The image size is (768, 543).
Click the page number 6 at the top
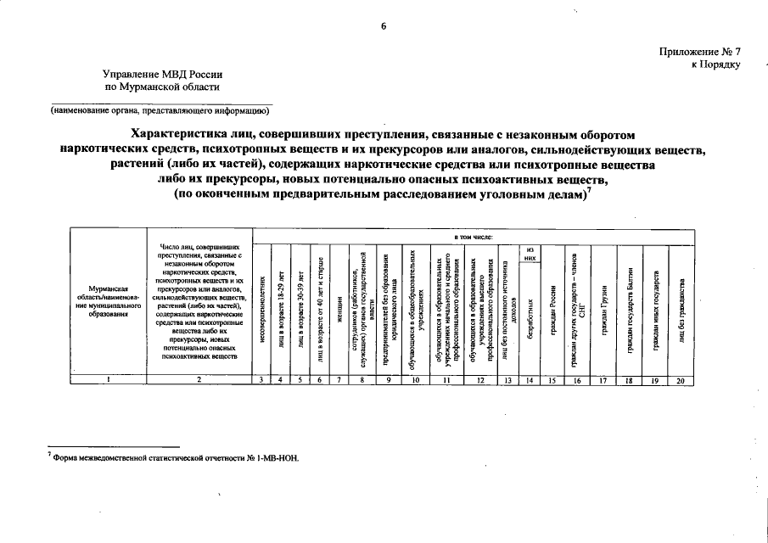point(384,26)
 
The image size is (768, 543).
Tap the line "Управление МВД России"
point(160,74)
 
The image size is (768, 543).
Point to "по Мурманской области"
point(161,87)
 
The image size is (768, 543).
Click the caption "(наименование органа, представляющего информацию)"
point(160,110)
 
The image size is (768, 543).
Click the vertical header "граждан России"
point(552,309)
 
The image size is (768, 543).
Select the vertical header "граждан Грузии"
point(603,309)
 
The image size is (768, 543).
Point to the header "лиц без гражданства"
point(681,309)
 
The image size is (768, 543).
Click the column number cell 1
point(109,380)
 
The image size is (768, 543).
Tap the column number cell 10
point(415,380)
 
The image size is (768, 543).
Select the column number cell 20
point(681,380)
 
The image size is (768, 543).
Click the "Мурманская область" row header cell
point(108,301)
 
